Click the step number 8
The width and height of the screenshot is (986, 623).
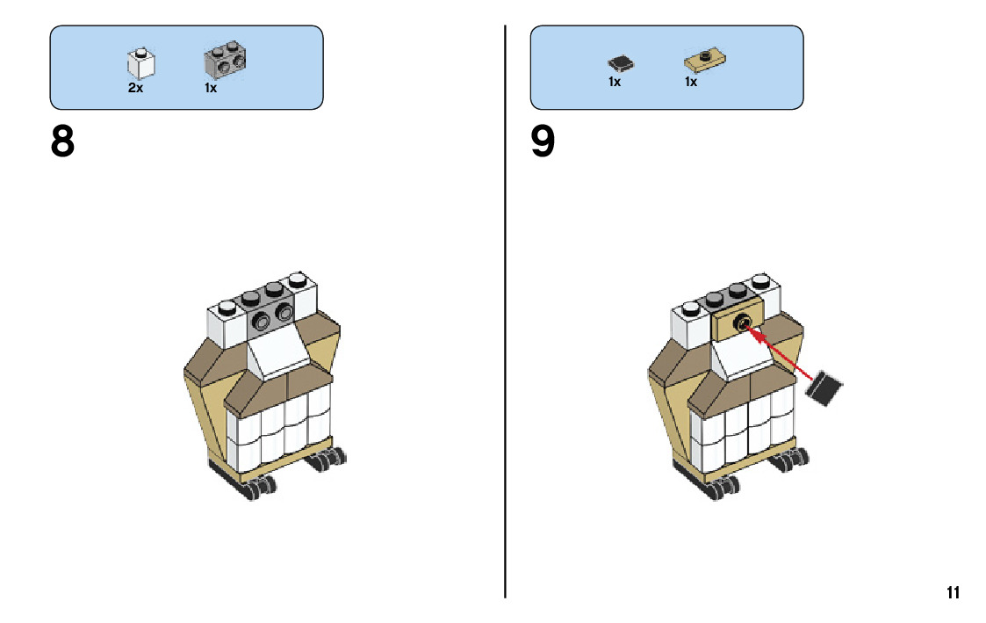(62, 142)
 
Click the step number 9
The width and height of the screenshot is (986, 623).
(543, 142)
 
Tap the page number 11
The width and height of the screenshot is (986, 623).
(953, 593)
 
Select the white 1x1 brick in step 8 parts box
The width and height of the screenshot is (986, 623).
(140, 63)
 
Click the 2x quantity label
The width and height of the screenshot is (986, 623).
(135, 88)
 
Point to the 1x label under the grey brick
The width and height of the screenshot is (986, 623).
(211, 88)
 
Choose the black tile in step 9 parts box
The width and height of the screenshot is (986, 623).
(622, 62)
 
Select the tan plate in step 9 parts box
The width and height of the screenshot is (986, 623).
(703, 61)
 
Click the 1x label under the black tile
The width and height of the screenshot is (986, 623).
(615, 82)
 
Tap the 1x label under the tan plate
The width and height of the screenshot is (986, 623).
(691, 82)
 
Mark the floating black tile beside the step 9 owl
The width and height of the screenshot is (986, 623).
(826, 388)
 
